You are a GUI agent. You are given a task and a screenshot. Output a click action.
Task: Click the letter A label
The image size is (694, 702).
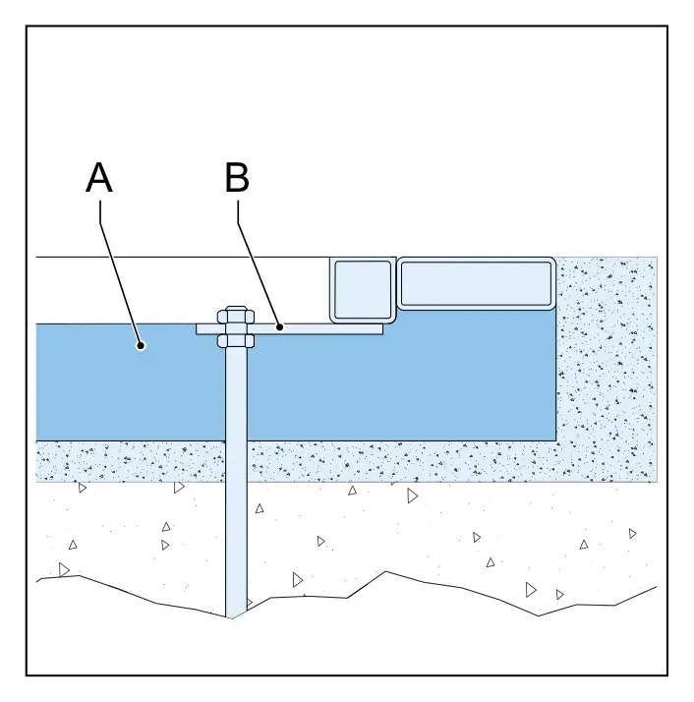(99, 178)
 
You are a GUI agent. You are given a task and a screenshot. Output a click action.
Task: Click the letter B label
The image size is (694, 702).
(237, 178)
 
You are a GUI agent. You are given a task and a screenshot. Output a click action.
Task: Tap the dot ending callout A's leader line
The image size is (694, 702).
(141, 345)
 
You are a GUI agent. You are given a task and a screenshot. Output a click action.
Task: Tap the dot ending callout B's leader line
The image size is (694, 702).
(280, 327)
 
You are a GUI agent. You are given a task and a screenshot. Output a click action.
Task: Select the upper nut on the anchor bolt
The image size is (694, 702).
(236, 316)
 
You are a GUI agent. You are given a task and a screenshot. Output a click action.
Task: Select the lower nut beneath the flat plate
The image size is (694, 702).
(236, 341)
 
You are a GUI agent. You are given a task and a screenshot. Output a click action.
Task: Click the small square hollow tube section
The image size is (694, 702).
(363, 290)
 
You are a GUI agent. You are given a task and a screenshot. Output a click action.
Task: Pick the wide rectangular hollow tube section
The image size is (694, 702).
(477, 283)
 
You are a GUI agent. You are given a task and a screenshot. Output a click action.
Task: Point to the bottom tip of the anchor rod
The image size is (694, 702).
(232, 618)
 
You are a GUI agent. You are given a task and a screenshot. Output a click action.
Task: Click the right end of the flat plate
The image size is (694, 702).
(382, 329)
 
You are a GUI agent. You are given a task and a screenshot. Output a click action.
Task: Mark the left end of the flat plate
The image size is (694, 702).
(197, 329)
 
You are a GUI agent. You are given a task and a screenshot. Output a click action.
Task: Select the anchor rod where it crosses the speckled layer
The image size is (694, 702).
(236, 461)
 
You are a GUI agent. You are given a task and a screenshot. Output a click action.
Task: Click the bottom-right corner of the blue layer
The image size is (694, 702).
(556, 440)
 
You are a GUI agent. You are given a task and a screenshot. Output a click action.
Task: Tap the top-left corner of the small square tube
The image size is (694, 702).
(330, 258)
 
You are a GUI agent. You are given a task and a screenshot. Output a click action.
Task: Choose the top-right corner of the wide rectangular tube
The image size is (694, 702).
(555, 258)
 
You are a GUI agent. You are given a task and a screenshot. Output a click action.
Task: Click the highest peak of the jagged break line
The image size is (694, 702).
(386, 571)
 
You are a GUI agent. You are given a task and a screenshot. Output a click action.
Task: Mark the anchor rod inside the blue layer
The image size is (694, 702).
(236, 394)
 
